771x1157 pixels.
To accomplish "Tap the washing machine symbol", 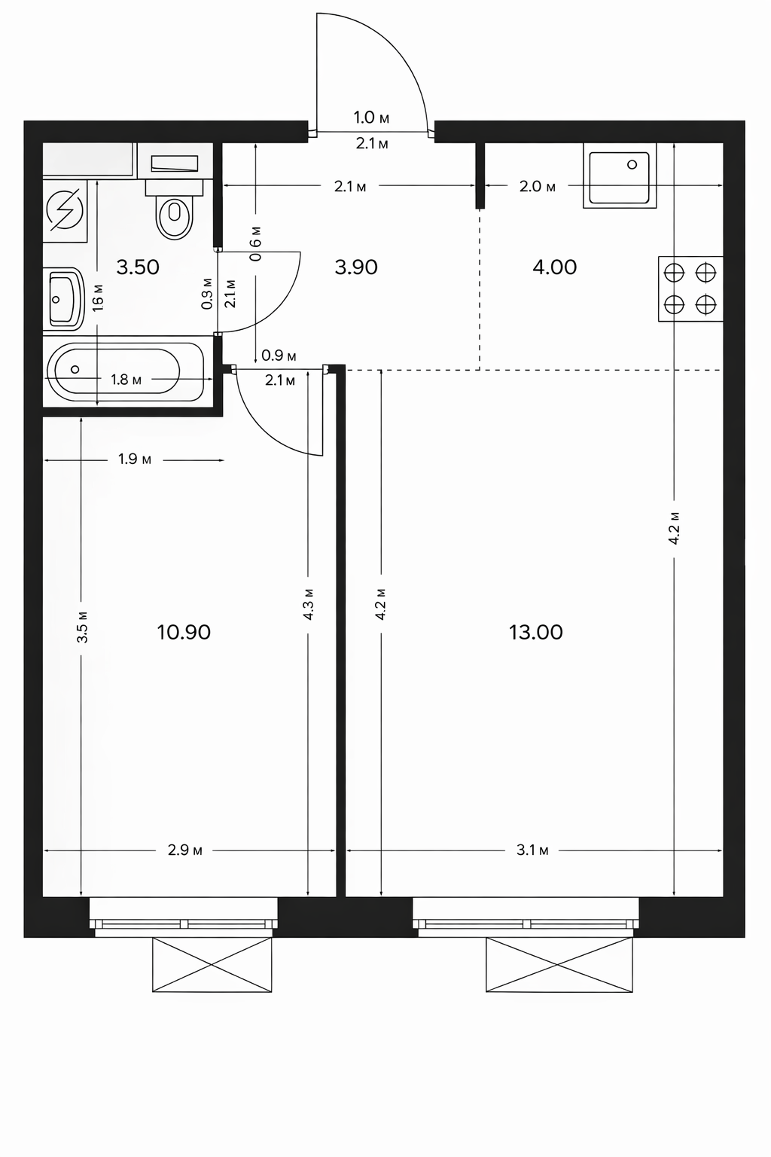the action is (65, 211).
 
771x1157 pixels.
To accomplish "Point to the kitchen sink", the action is (620, 176).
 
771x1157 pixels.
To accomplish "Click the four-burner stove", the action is (690, 288).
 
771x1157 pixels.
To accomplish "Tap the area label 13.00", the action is (536, 632).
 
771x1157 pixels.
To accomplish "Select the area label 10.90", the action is (184, 632).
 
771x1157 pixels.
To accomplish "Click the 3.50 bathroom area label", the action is (138, 267).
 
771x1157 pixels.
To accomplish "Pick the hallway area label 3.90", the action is (356, 267).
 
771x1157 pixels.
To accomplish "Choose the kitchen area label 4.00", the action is (555, 267).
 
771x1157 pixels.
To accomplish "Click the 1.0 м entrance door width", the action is (371, 118).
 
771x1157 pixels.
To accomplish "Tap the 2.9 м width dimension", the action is (185, 850).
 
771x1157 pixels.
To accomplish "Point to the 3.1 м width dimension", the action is (532, 850).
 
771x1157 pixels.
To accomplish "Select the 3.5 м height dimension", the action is (82, 627).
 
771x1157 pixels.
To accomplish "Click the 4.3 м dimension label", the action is (308, 604).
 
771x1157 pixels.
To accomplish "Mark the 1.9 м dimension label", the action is (135, 459).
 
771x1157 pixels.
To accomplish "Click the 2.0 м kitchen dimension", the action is (538, 187).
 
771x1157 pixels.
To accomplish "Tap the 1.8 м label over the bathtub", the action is (126, 380).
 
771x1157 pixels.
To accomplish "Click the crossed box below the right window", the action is (559, 965).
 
